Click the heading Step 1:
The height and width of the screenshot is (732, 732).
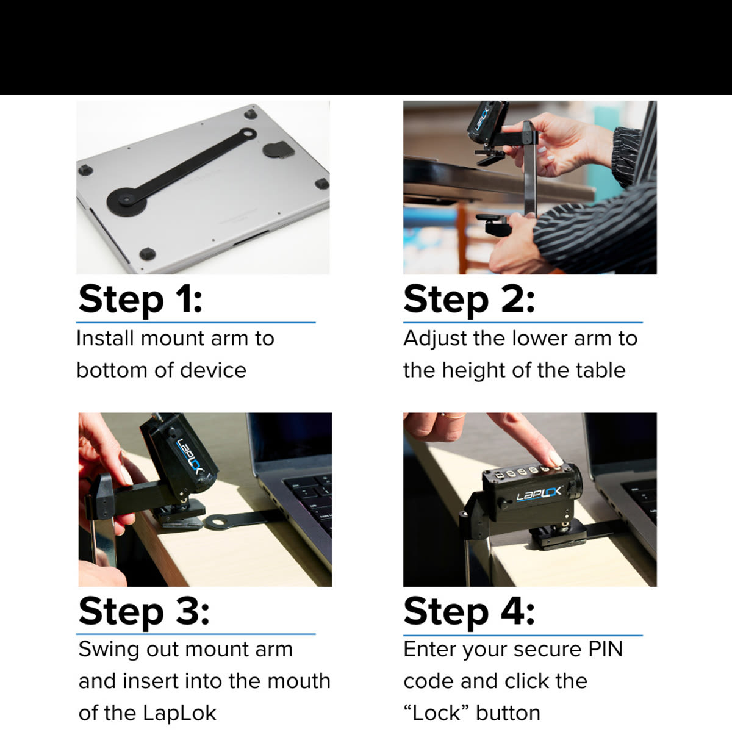[x=140, y=300]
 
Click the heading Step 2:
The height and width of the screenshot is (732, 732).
[x=468, y=300]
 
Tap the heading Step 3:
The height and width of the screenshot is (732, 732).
[x=144, y=612]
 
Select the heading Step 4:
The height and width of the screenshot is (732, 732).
[x=468, y=612]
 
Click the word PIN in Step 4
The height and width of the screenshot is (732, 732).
[x=606, y=649]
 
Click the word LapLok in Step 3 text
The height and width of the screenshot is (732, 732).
[x=179, y=713]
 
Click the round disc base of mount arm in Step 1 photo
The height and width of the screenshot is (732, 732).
[x=126, y=201]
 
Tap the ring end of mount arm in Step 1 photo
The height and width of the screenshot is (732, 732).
[x=247, y=134]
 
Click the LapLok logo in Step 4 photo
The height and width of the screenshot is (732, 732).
[x=539, y=494]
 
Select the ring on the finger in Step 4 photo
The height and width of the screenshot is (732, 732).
[x=454, y=417]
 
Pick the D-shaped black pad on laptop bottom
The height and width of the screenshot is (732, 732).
[x=278, y=149]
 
